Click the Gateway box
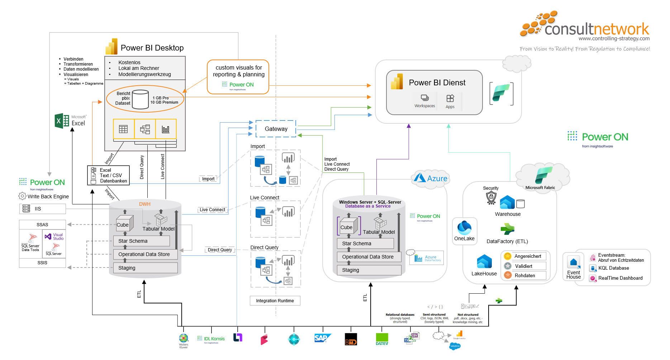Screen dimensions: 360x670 pos(276,129)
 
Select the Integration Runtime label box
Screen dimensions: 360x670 pos(275,301)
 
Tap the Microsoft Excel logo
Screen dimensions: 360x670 pos(70,121)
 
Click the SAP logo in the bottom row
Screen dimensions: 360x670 pos(322,338)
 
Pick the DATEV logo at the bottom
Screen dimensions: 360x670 pos(382,339)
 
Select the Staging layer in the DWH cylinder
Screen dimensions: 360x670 pos(145,268)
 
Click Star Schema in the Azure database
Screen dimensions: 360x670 pos(365,243)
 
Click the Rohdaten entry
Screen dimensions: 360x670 pos(525,275)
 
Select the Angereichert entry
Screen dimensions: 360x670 pos(527,256)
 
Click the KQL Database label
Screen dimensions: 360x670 pos(613,268)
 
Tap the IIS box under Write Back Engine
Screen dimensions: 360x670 pos(42,209)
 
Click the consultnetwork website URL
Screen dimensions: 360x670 pos(614,39)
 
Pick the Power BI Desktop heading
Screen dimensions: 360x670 pos(152,48)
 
